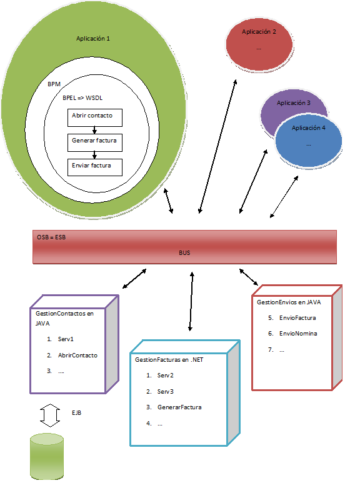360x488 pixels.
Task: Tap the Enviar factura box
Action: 94,167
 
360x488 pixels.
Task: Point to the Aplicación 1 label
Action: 93,39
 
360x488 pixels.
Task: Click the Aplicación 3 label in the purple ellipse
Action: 293,103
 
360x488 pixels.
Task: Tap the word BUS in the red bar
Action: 184,253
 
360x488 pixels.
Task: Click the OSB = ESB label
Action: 52,238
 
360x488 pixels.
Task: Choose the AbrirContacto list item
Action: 77,356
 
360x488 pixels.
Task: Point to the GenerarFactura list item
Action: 180,407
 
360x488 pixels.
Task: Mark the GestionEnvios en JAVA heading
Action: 289,302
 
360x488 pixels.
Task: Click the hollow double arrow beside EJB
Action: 48,414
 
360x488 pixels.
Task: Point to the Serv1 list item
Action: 66,339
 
